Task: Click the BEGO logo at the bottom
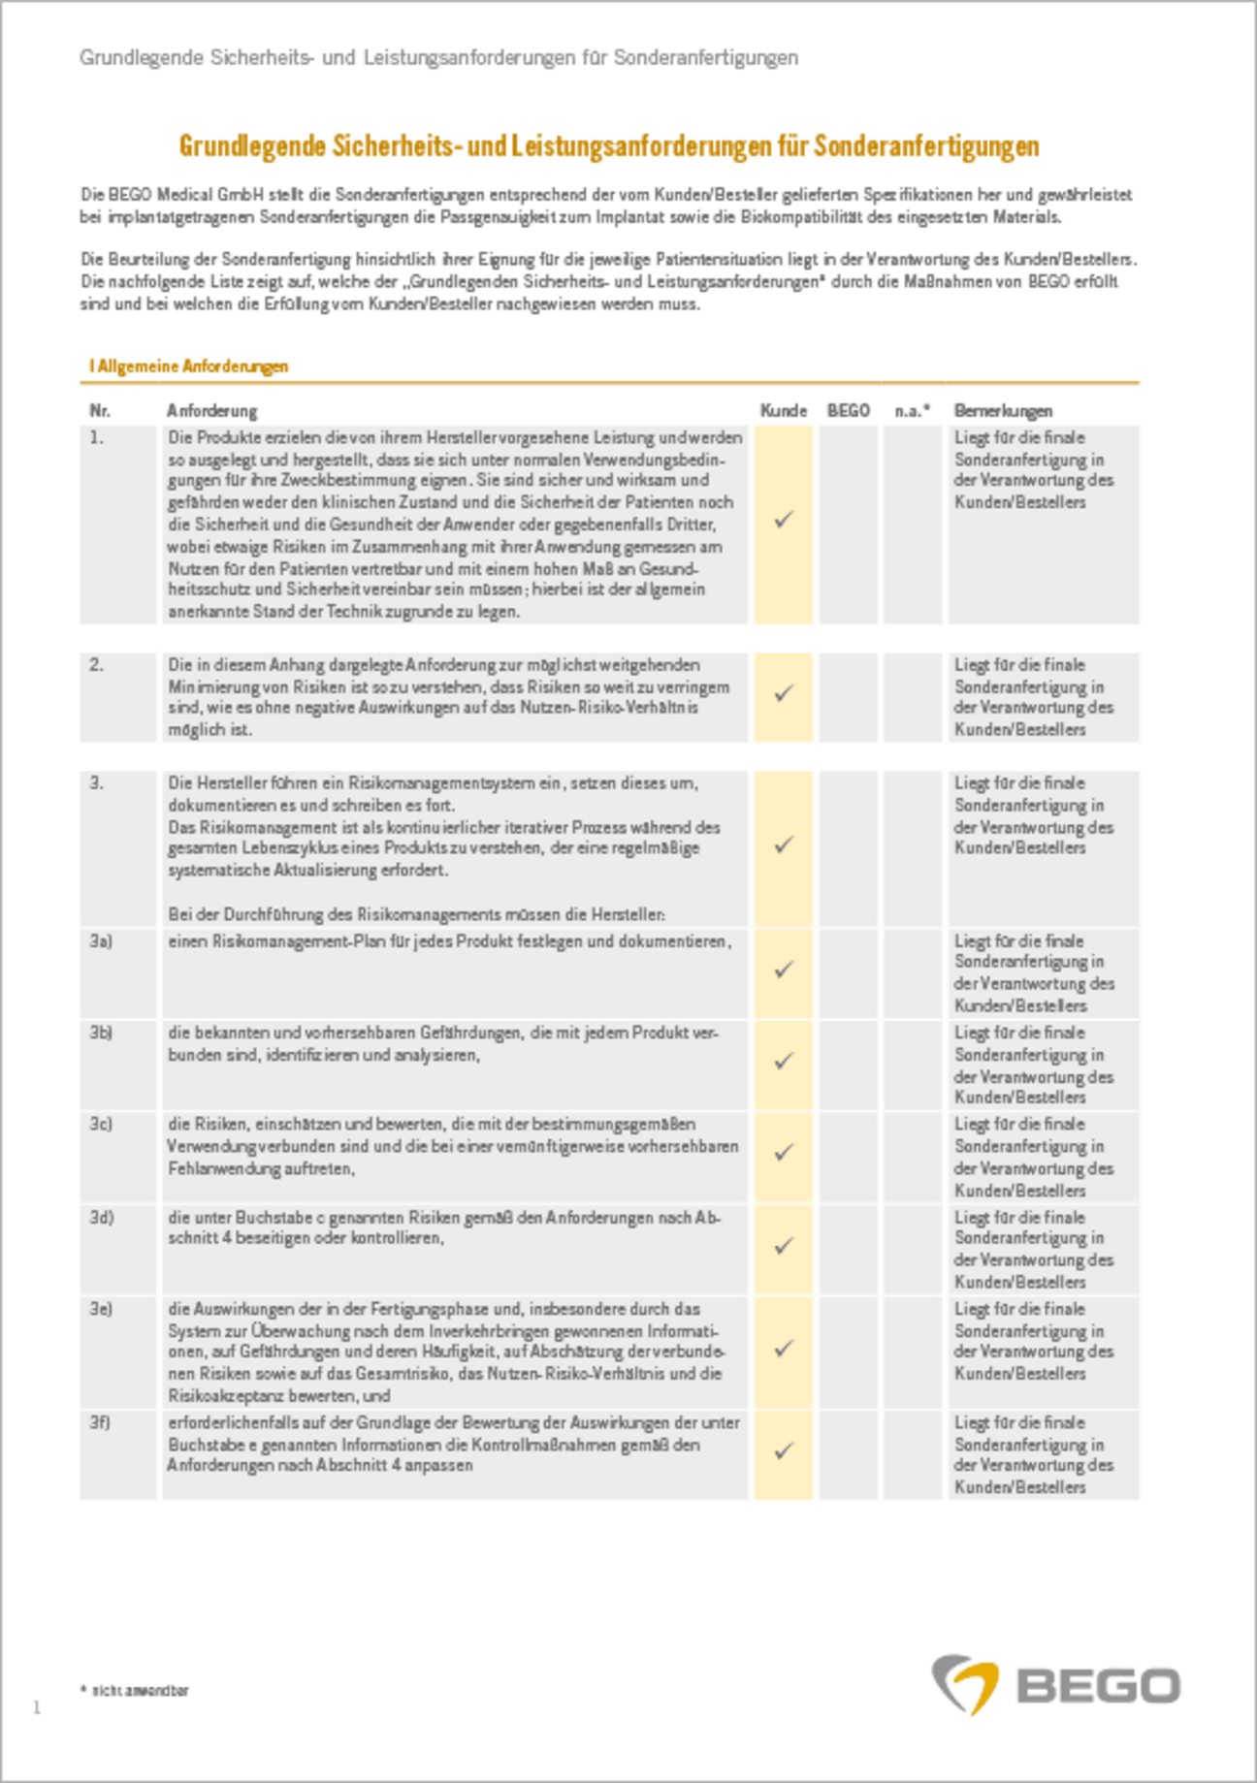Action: coord(1056,1685)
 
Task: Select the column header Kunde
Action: coord(783,411)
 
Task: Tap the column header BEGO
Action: coord(848,411)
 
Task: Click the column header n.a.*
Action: coord(912,411)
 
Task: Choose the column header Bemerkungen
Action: coord(1003,411)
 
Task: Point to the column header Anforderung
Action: coord(211,411)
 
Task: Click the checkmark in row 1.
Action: coord(784,520)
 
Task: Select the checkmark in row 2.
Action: coord(784,693)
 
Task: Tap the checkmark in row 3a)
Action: coord(784,970)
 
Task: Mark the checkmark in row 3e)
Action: coord(784,1349)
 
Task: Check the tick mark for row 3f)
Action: coord(784,1451)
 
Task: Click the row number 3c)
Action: coord(101,1125)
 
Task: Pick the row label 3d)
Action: coord(101,1218)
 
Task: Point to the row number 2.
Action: coord(96,665)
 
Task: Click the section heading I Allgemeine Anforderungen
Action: coord(189,366)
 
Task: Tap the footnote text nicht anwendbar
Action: coord(140,1691)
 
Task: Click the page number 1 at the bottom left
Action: coord(37,1707)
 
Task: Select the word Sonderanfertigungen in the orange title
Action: coord(926,146)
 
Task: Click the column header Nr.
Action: coord(99,411)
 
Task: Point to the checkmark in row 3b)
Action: coord(784,1061)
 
